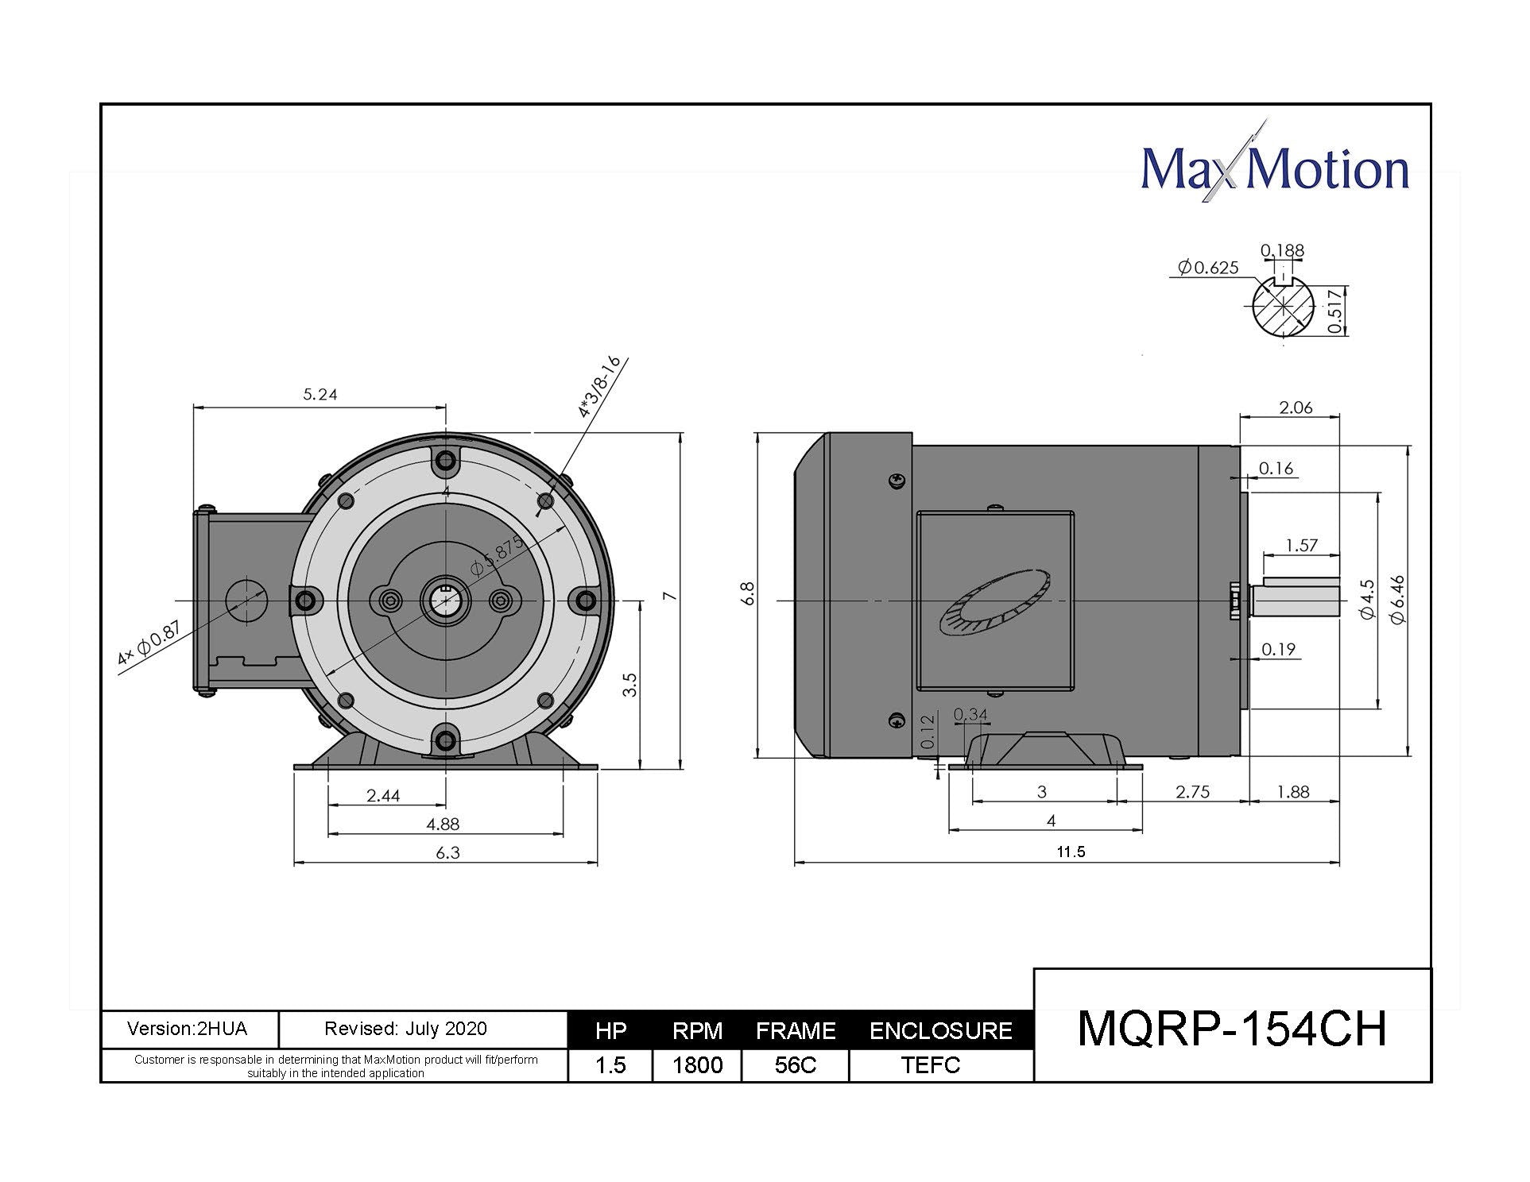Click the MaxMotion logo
click(x=1274, y=169)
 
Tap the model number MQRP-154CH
click(x=1231, y=1029)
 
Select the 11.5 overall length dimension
click(x=1071, y=852)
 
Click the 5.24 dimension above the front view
click(x=320, y=394)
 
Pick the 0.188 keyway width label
click(x=1282, y=251)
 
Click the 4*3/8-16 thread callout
click(x=598, y=388)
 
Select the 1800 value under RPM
click(x=697, y=1065)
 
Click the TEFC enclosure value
click(x=931, y=1065)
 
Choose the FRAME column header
click(x=796, y=1031)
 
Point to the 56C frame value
click(x=796, y=1065)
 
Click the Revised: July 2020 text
click(x=405, y=1029)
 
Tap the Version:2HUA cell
click(x=188, y=1029)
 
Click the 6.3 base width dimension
click(x=447, y=853)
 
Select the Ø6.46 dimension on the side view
click(x=1399, y=600)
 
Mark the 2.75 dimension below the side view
click(x=1192, y=792)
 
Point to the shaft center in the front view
click(x=446, y=601)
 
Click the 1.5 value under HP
click(x=610, y=1065)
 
